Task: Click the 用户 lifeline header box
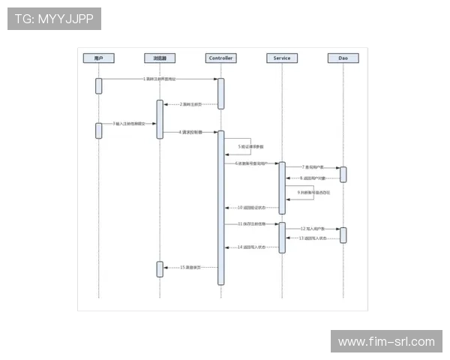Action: [x=98, y=58]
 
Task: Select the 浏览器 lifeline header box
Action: [x=160, y=58]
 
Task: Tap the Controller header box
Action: [x=221, y=58]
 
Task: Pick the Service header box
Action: [x=282, y=58]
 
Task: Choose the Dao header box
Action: [x=343, y=58]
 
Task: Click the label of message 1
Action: [x=160, y=79]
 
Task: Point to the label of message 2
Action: [x=190, y=104]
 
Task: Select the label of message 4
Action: [x=190, y=132]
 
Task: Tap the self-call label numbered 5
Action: [x=251, y=146]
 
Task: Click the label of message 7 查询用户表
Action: [x=313, y=167]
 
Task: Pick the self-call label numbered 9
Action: [x=313, y=193]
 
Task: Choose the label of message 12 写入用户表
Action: [x=313, y=229]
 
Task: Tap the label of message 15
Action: [x=190, y=267]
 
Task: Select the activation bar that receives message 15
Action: [x=160, y=268]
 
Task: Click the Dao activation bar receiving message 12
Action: [x=343, y=235]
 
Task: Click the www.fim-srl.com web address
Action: [x=386, y=342]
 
